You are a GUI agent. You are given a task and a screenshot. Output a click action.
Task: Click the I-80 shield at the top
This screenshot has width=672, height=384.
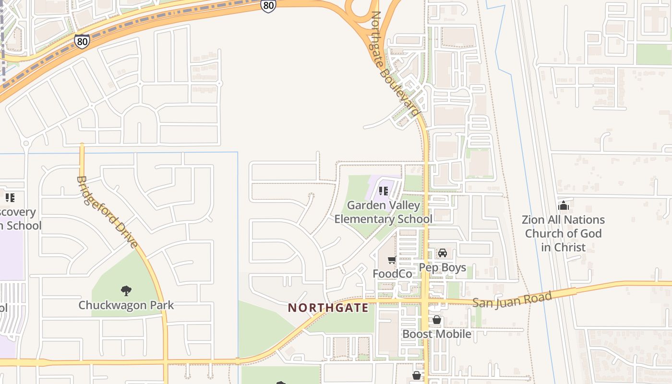click(268, 6)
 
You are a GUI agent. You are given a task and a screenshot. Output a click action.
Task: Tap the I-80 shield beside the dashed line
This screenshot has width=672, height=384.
click(82, 41)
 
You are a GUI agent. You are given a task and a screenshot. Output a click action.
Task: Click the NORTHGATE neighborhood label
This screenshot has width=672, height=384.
click(328, 308)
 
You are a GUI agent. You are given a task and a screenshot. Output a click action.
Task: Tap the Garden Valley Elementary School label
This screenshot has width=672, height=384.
click(383, 212)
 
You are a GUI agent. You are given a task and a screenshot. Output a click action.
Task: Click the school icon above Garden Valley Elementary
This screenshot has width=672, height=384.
click(383, 191)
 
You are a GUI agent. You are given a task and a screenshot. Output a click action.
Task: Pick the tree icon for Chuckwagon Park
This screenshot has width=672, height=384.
click(126, 290)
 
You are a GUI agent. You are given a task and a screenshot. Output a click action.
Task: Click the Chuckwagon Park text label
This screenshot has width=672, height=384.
click(126, 305)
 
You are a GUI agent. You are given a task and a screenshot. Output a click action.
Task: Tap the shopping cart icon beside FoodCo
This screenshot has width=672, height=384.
click(392, 260)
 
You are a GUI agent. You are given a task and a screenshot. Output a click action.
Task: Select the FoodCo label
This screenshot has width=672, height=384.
click(392, 274)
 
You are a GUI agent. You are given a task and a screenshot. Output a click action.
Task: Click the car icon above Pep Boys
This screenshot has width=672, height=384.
click(442, 253)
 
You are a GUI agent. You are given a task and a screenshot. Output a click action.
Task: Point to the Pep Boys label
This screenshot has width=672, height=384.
click(442, 267)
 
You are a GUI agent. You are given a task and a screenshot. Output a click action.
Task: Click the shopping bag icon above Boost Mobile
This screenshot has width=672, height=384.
click(436, 320)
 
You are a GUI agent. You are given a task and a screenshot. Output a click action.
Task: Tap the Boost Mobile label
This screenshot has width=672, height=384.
click(436, 334)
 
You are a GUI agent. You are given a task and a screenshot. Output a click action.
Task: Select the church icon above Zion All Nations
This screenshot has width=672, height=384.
click(563, 205)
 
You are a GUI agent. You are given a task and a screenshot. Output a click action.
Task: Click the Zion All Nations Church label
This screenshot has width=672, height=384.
click(563, 233)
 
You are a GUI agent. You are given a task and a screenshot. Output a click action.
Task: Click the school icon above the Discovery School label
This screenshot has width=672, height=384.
click(10, 197)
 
